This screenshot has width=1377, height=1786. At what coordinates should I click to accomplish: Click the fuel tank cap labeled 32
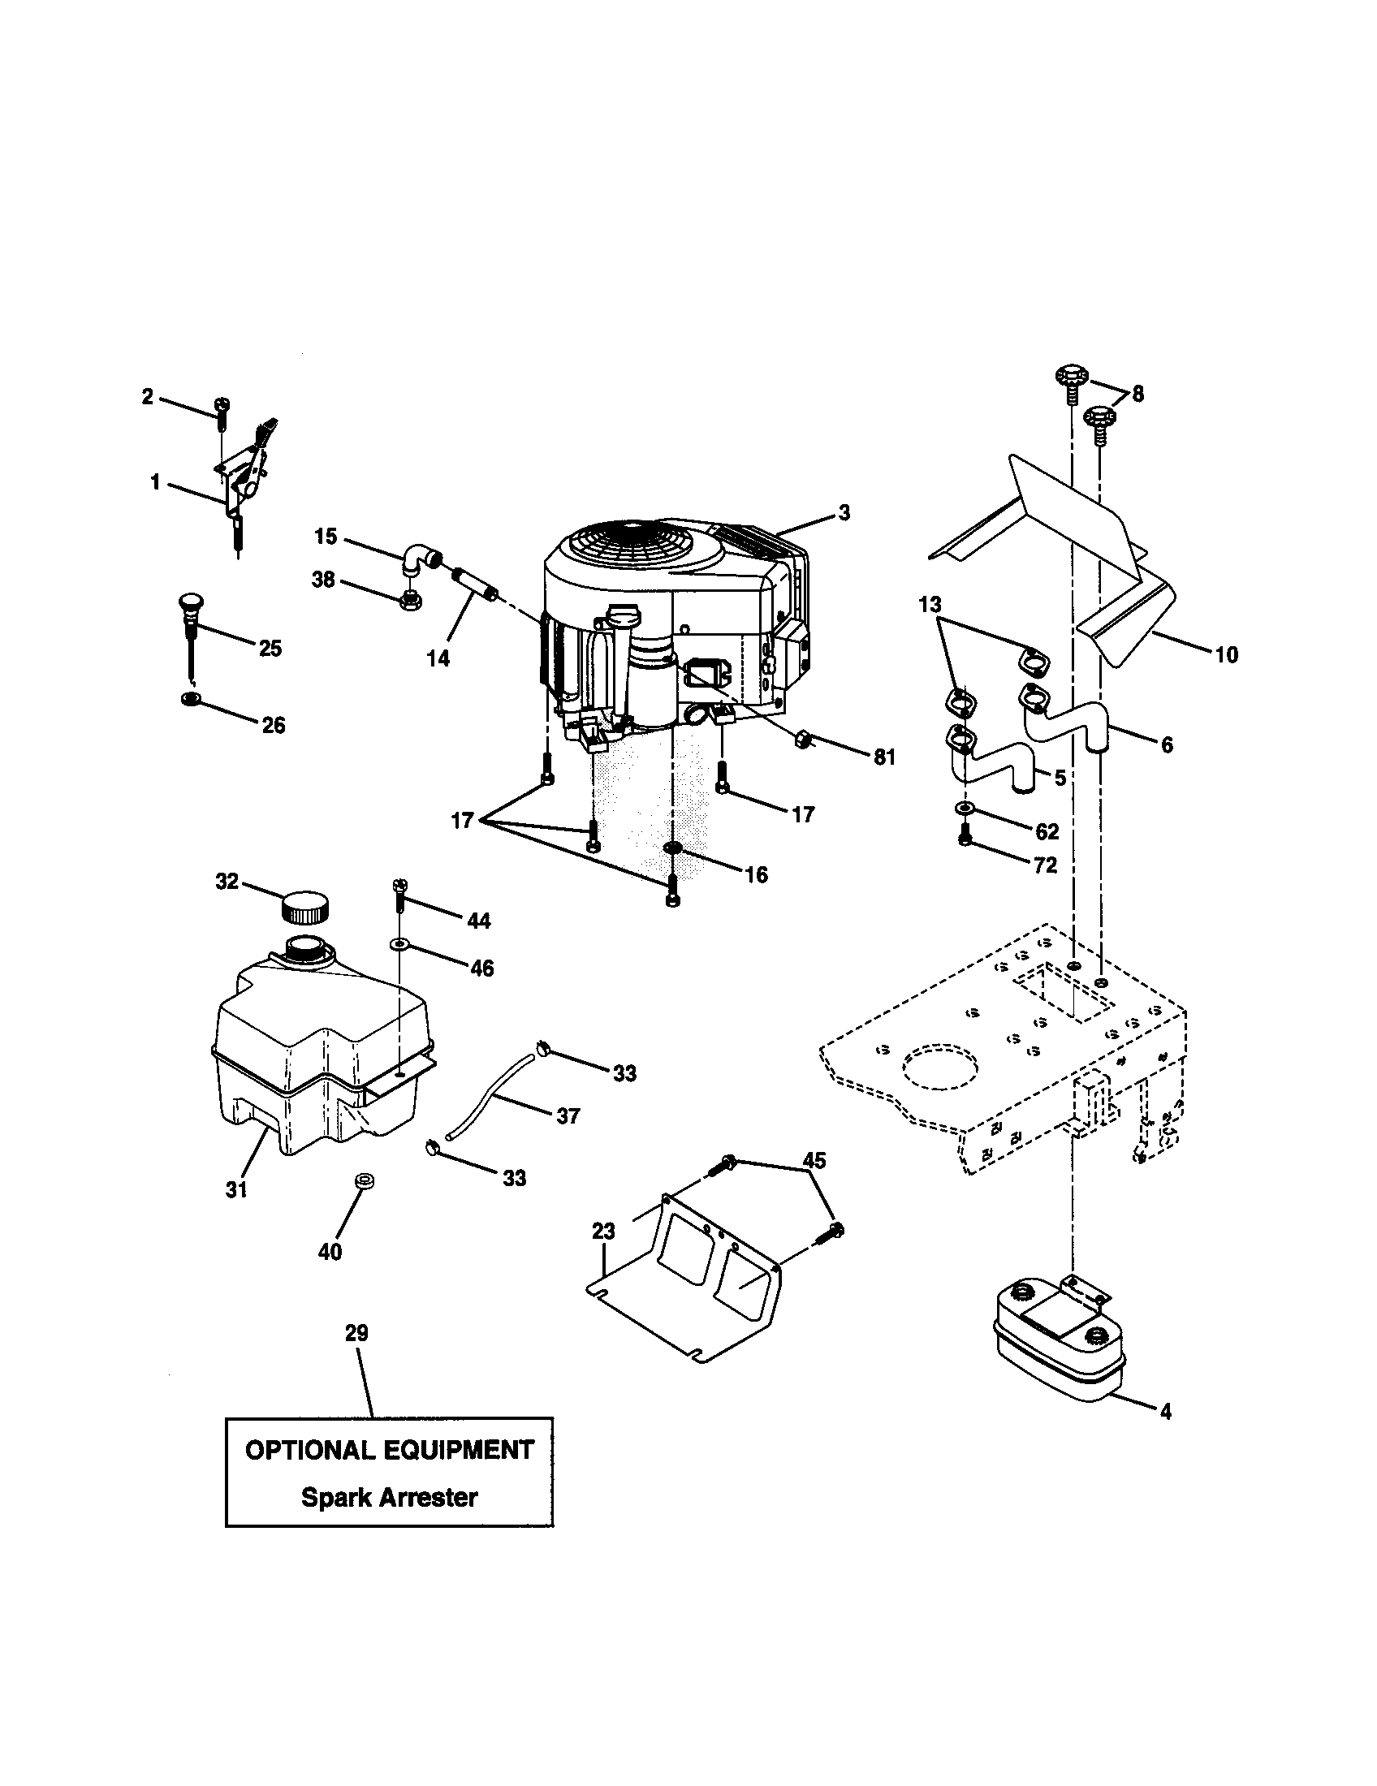point(305,906)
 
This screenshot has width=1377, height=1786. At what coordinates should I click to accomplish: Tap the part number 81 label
point(884,757)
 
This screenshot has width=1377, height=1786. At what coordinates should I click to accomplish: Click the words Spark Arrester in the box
point(389,1497)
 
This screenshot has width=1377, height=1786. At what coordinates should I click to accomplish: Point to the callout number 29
point(356,1333)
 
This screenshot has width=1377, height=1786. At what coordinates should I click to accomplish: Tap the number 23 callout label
point(603,1232)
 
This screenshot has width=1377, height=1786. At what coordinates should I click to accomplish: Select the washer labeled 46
point(398,944)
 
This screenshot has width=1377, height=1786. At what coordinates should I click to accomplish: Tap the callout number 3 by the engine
point(844,513)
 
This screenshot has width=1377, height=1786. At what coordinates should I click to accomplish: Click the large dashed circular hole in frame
point(939,1067)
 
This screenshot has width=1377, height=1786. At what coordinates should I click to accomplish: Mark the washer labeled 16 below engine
point(673,848)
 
